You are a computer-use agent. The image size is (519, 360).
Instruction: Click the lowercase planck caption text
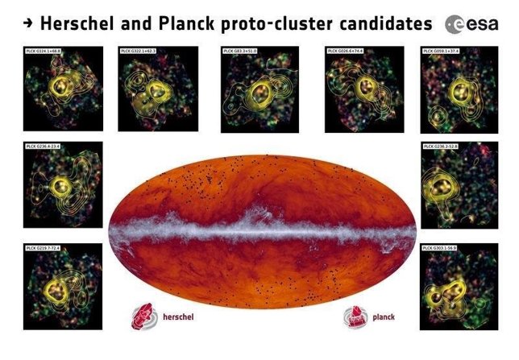[x=384, y=317]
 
